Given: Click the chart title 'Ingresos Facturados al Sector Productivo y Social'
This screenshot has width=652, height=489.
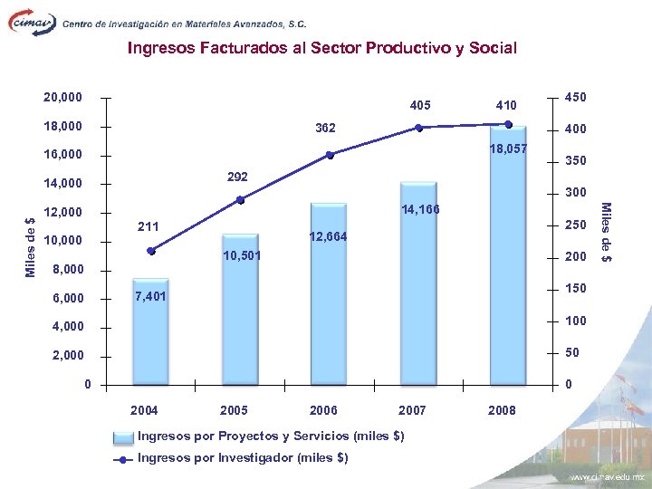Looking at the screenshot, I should tap(322, 48).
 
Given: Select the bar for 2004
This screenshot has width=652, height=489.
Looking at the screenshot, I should tap(150, 335).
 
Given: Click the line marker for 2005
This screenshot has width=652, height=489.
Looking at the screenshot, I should tap(240, 200).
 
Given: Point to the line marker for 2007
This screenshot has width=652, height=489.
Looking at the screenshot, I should tap(419, 128).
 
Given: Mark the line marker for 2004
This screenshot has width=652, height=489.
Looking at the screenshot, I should tap(150, 251).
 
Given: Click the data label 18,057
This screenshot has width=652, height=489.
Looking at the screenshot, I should tap(507, 149).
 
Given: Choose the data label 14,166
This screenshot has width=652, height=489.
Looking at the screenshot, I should tap(419, 210).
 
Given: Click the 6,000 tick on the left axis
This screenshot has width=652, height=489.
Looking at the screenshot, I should tap(65, 298).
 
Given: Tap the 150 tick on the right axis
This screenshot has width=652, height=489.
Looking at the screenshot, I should tap(575, 289).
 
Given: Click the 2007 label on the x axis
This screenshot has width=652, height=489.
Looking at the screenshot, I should tap(412, 410).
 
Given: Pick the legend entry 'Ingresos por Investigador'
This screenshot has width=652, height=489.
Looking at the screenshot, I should tap(242, 457).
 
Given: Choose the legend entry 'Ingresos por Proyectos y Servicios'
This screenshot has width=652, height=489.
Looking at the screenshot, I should tap(270, 436).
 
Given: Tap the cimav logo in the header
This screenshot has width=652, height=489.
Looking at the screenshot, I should tap(31, 23).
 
